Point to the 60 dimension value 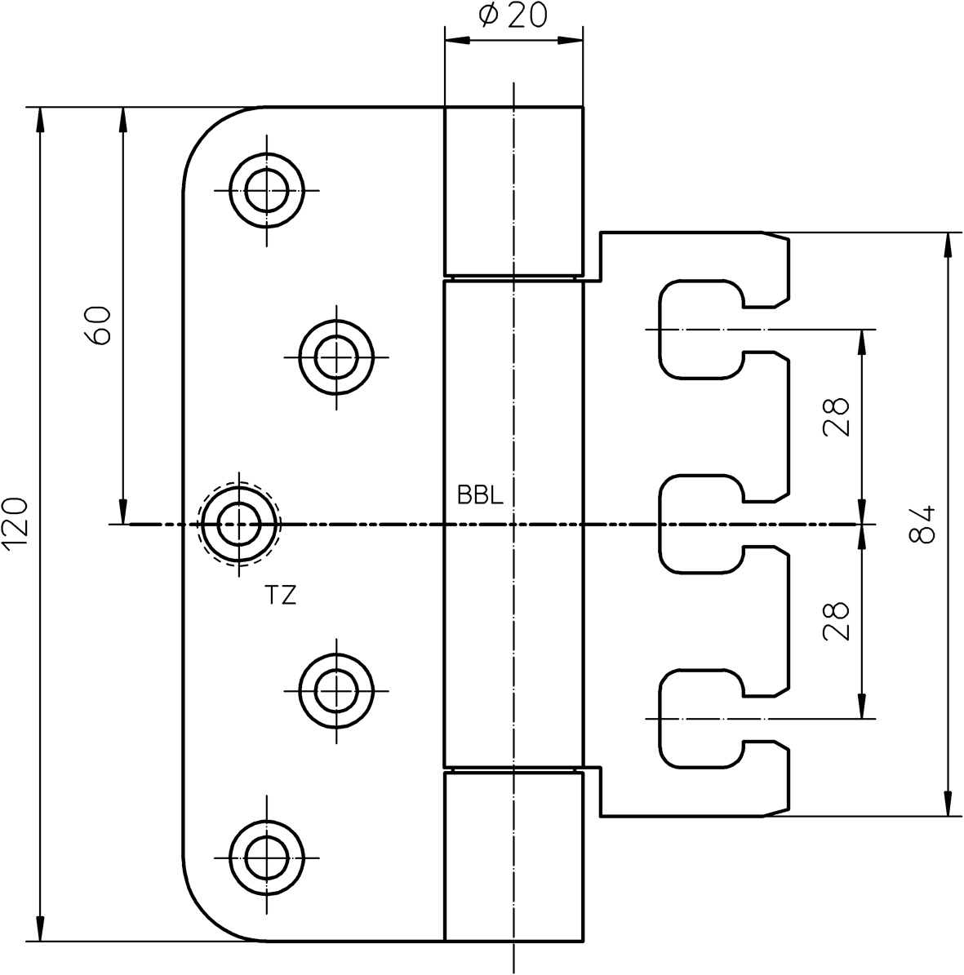click(98, 326)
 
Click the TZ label click(280, 596)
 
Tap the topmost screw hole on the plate click(266, 190)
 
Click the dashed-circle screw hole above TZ click(239, 523)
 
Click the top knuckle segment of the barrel click(513, 192)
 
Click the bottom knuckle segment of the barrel click(513, 857)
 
